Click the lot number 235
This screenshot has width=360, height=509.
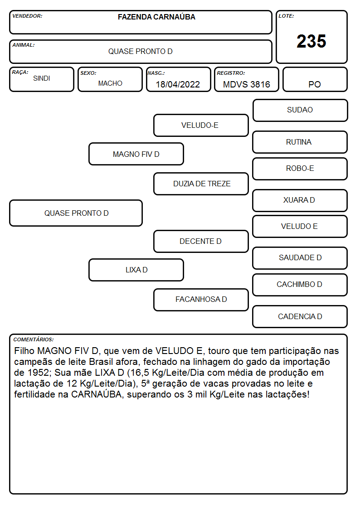click(x=311, y=41)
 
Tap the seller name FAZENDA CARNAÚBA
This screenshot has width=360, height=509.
click(x=156, y=17)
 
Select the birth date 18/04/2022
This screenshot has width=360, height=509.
click(x=178, y=84)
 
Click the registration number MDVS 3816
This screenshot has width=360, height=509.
click(x=246, y=84)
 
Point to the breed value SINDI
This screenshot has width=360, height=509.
click(x=42, y=78)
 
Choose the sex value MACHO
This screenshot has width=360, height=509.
click(x=110, y=83)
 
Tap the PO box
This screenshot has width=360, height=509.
click(x=315, y=79)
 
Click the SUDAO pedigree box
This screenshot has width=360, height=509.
click(x=300, y=111)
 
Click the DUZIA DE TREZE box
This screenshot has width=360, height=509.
click(x=201, y=184)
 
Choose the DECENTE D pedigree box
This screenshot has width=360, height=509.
click(x=201, y=241)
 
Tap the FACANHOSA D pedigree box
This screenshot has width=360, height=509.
click(x=201, y=300)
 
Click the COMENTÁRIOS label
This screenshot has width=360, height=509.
click(x=34, y=339)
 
